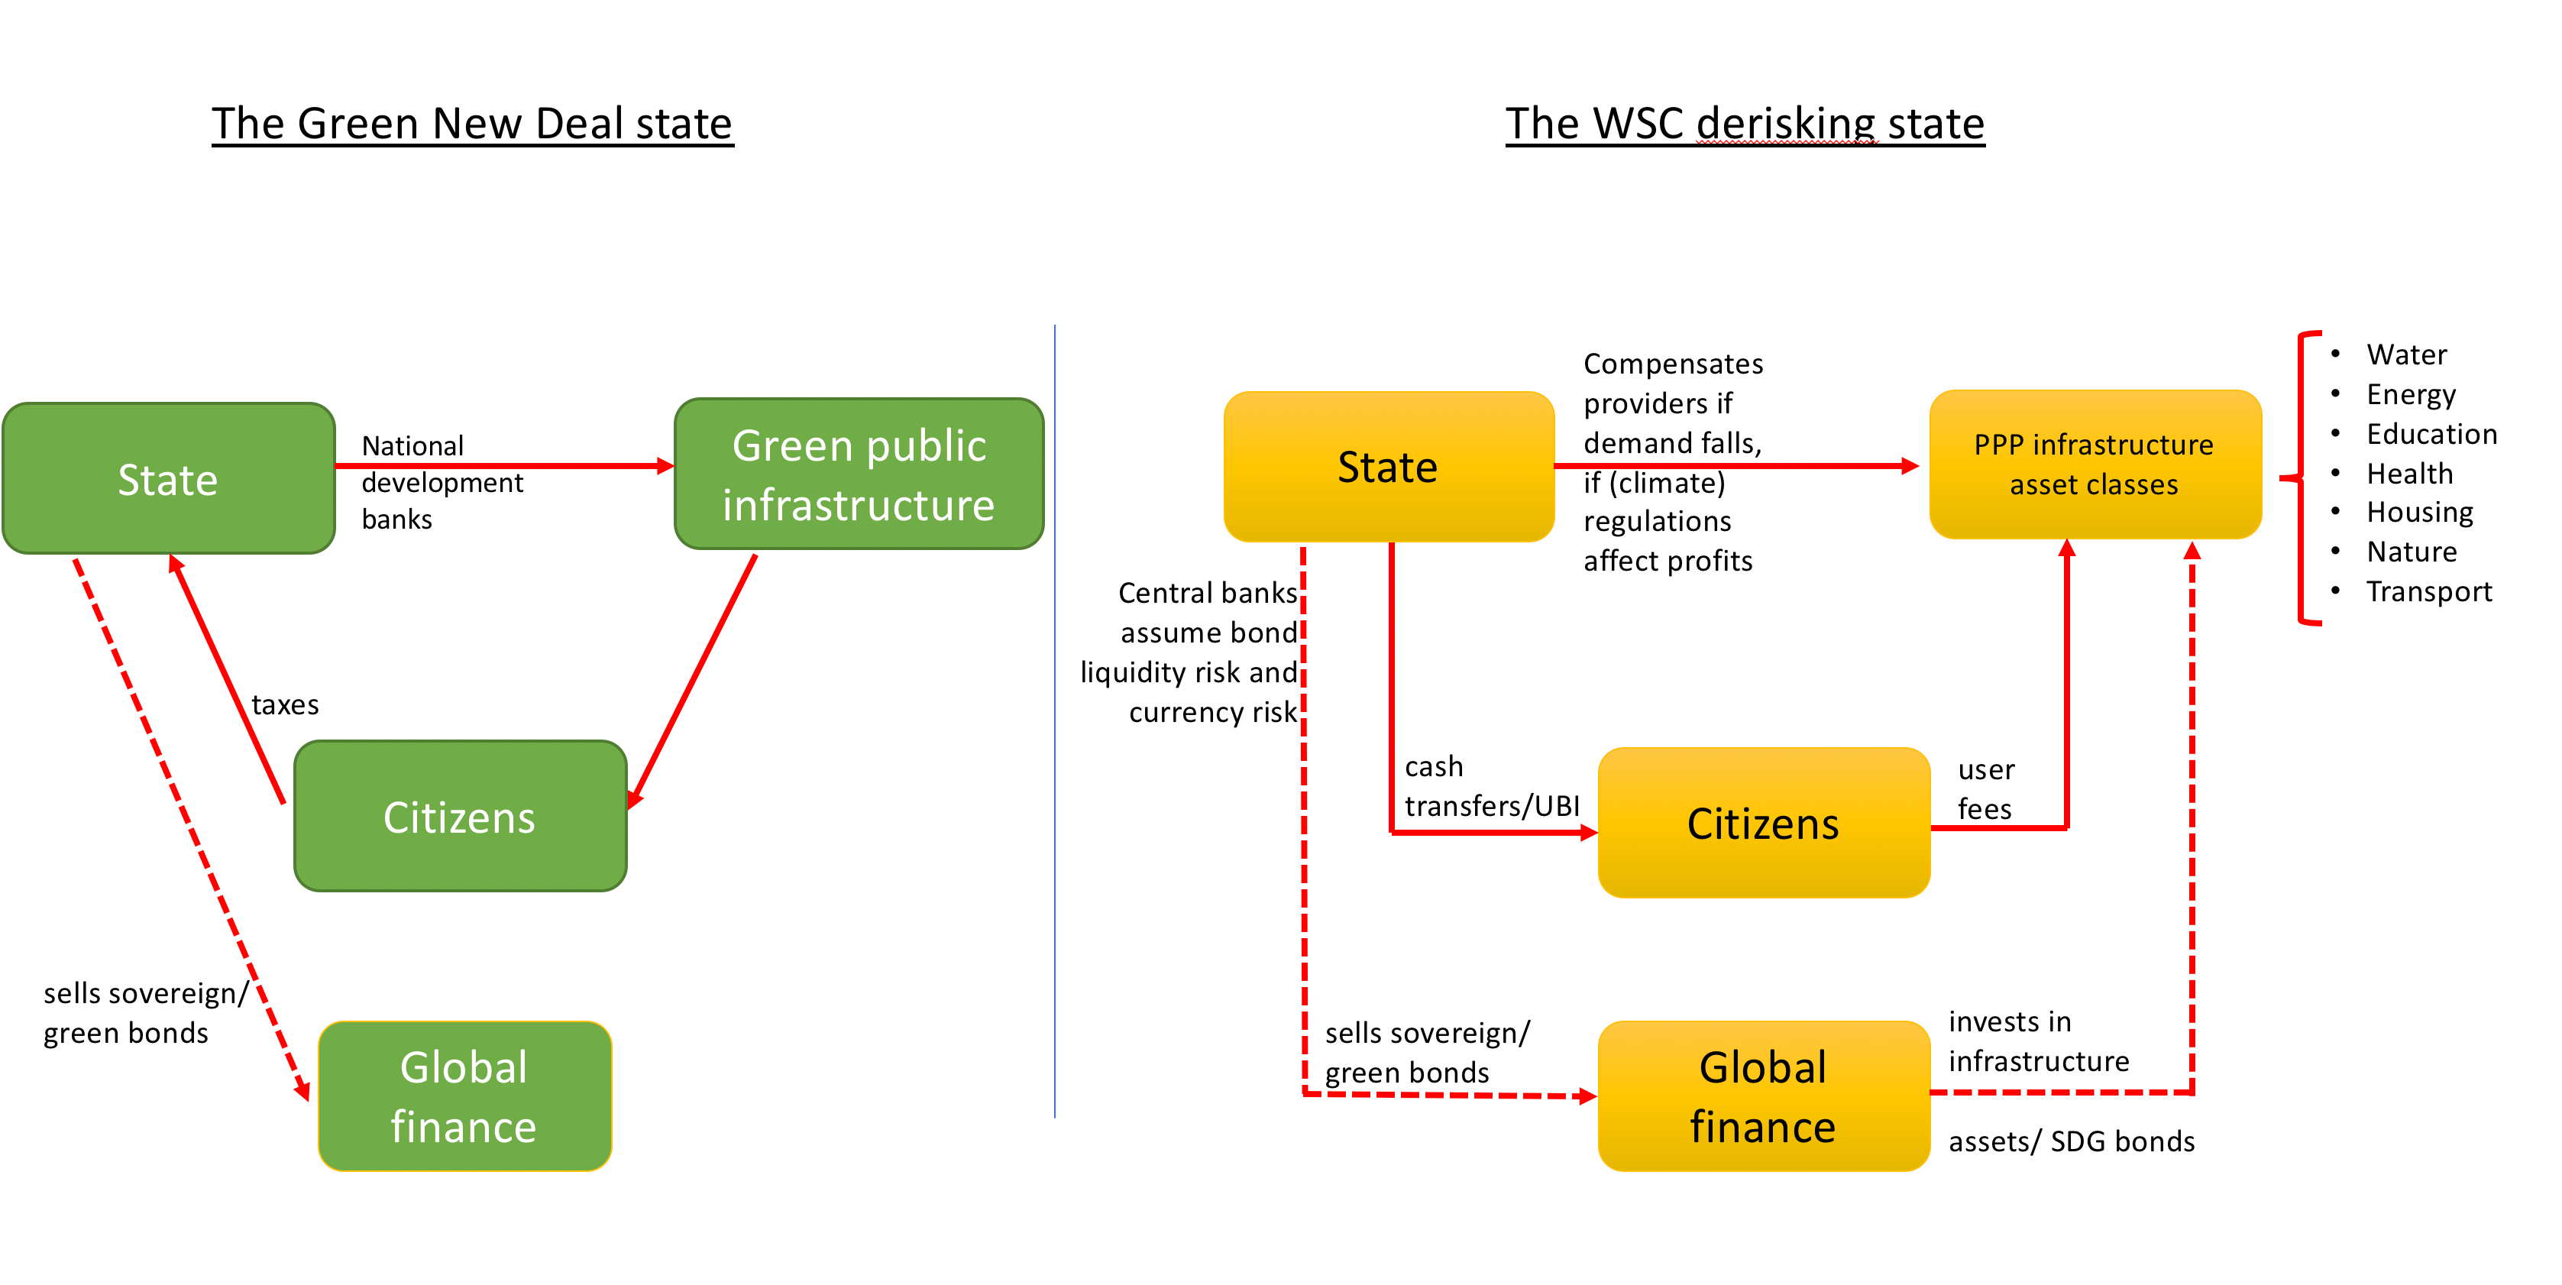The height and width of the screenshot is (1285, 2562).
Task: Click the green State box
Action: coord(168,478)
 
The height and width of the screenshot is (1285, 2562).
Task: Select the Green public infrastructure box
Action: coord(859,474)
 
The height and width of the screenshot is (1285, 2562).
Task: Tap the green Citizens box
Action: coord(460,817)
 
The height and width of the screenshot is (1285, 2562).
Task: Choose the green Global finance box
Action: coord(464,1096)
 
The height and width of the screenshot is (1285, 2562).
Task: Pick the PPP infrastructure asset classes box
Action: coord(2094,464)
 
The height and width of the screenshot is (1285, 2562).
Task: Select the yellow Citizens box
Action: coord(1762,824)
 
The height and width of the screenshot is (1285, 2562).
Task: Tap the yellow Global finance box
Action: coord(1762,1096)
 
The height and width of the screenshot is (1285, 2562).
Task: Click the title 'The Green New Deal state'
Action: coord(471,123)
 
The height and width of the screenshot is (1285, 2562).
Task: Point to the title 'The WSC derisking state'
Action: coord(1745,123)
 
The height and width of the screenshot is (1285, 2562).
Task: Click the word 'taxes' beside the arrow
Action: coord(286,705)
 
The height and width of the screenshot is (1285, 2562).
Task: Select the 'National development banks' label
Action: coord(441,482)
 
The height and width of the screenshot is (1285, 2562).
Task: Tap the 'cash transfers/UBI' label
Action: coord(1491,785)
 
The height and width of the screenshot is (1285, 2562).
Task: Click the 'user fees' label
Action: coord(1985,788)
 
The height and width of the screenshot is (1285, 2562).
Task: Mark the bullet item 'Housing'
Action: coord(2419,512)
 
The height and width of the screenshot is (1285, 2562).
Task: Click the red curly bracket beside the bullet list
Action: coord(2302,478)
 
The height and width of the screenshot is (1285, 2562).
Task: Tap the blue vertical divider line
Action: coord(1054,721)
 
